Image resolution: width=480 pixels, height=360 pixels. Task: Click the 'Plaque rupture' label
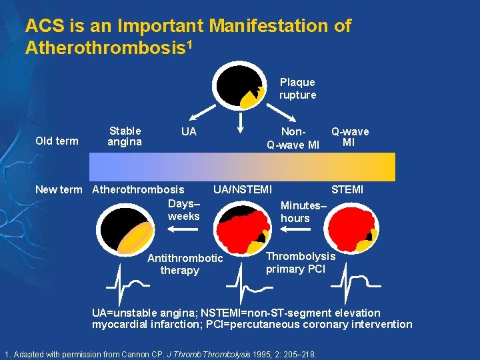click(297, 89)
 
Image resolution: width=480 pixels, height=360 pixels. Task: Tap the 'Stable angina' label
click(125, 136)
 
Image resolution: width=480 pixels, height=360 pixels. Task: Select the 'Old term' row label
click(57, 141)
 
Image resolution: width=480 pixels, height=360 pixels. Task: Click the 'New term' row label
click(59, 189)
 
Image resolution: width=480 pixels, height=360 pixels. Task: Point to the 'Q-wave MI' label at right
click(350, 137)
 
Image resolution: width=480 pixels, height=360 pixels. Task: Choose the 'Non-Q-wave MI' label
click(293, 138)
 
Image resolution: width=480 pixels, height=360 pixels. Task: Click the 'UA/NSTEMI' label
click(242, 189)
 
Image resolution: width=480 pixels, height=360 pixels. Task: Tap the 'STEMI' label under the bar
click(347, 189)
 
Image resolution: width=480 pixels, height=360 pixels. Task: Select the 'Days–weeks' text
click(183, 209)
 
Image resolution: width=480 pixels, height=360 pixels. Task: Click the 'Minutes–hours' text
click(303, 211)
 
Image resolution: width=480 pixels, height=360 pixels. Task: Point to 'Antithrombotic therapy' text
click(185, 264)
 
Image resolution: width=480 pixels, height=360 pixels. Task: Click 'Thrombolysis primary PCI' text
click(301, 263)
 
